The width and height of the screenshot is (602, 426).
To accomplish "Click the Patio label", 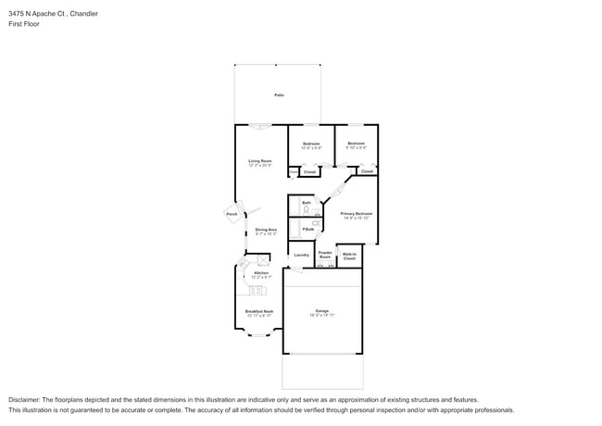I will pos(278,95).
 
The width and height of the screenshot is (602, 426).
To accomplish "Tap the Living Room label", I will pos(259,160).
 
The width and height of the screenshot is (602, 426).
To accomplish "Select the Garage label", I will pos(322,310).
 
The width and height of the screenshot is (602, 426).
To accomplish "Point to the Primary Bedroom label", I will pos(357,214).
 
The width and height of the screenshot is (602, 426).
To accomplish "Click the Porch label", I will pos(232,214).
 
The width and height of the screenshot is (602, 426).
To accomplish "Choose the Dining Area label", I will pos(266,230).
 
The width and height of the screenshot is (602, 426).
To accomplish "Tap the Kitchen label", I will pos(261,273).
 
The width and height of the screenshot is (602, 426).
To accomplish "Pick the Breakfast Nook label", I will pos(259,311).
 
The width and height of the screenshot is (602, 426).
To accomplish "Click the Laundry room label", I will pos(301,255).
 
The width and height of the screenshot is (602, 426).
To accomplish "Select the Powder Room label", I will pos(325,254).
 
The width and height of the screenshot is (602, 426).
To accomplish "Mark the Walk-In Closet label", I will pos(349,256).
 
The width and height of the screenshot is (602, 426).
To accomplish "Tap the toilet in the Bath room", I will pos(307,210).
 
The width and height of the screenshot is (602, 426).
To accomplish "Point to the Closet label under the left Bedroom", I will pos(310,171).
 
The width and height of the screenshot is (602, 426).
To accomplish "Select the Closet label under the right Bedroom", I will pos(367,171).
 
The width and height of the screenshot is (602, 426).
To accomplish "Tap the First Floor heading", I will pos(26,24).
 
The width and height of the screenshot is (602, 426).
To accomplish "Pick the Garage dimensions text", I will pos(322,316).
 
